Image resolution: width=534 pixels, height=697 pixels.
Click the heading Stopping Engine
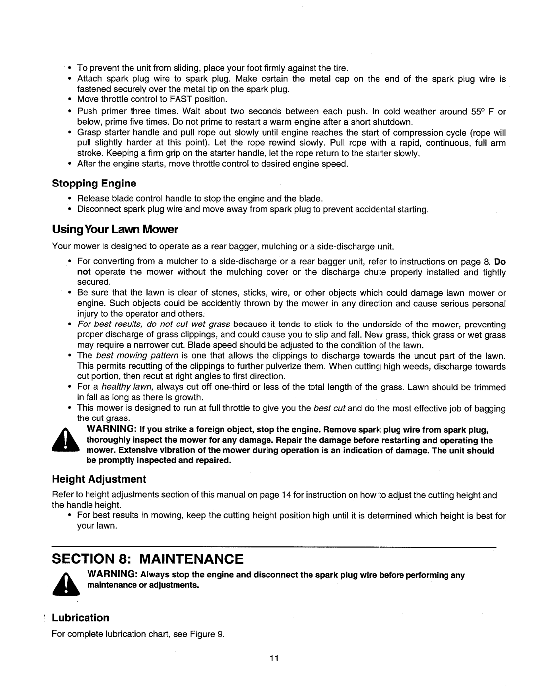click(94, 184)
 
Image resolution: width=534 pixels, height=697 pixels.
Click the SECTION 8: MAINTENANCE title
click(148, 559)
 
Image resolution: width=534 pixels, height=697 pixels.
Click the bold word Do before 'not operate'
click(500, 261)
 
